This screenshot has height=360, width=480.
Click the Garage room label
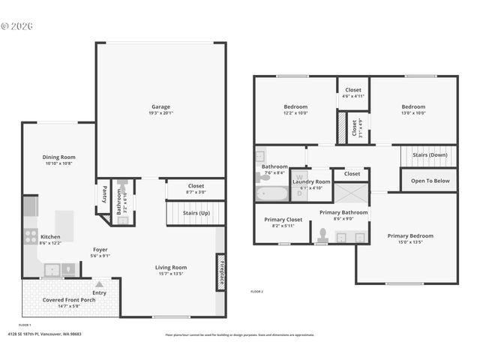tap(160, 106)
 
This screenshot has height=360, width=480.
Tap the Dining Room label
tap(58, 157)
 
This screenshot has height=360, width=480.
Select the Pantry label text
tap(104, 195)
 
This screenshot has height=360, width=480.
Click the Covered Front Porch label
tap(63, 300)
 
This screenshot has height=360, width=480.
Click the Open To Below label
tap(430, 180)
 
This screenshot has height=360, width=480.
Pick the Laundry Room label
tap(310, 181)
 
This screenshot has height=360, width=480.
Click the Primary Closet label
tap(283, 220)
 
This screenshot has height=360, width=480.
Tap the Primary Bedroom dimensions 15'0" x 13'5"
tap(410, 242)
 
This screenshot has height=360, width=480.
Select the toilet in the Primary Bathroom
tap(322, 235)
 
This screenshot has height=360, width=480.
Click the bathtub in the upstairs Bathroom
tap(271, 194)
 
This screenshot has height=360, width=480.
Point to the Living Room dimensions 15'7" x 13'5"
tap(171, 274)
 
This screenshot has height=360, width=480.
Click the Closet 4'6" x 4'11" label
tap(352, 96)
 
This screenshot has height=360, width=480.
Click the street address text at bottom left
tap(44, 334)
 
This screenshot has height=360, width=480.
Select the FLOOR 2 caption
tap(256, 291)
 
